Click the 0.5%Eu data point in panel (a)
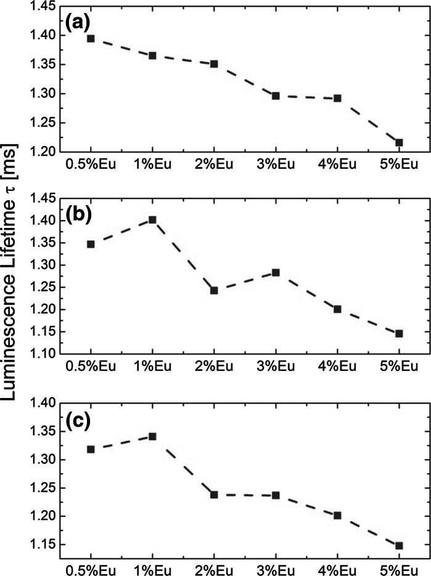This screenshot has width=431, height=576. (x=91, y=38)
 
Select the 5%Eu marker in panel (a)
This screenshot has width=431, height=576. (x=399, y=142)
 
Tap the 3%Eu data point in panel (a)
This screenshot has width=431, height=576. (x=276, y=95)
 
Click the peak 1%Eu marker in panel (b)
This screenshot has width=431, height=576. (x=152, y=219)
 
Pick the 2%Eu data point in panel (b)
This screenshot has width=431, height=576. (x=214, y=290)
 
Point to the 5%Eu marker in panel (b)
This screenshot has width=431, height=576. (x=399, y=333)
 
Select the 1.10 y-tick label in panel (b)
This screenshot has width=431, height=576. (x=43, y=354)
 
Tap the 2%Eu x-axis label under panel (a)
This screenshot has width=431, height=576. (x=214, y=166)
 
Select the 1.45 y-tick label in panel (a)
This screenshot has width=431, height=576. (x=43, y=7)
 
